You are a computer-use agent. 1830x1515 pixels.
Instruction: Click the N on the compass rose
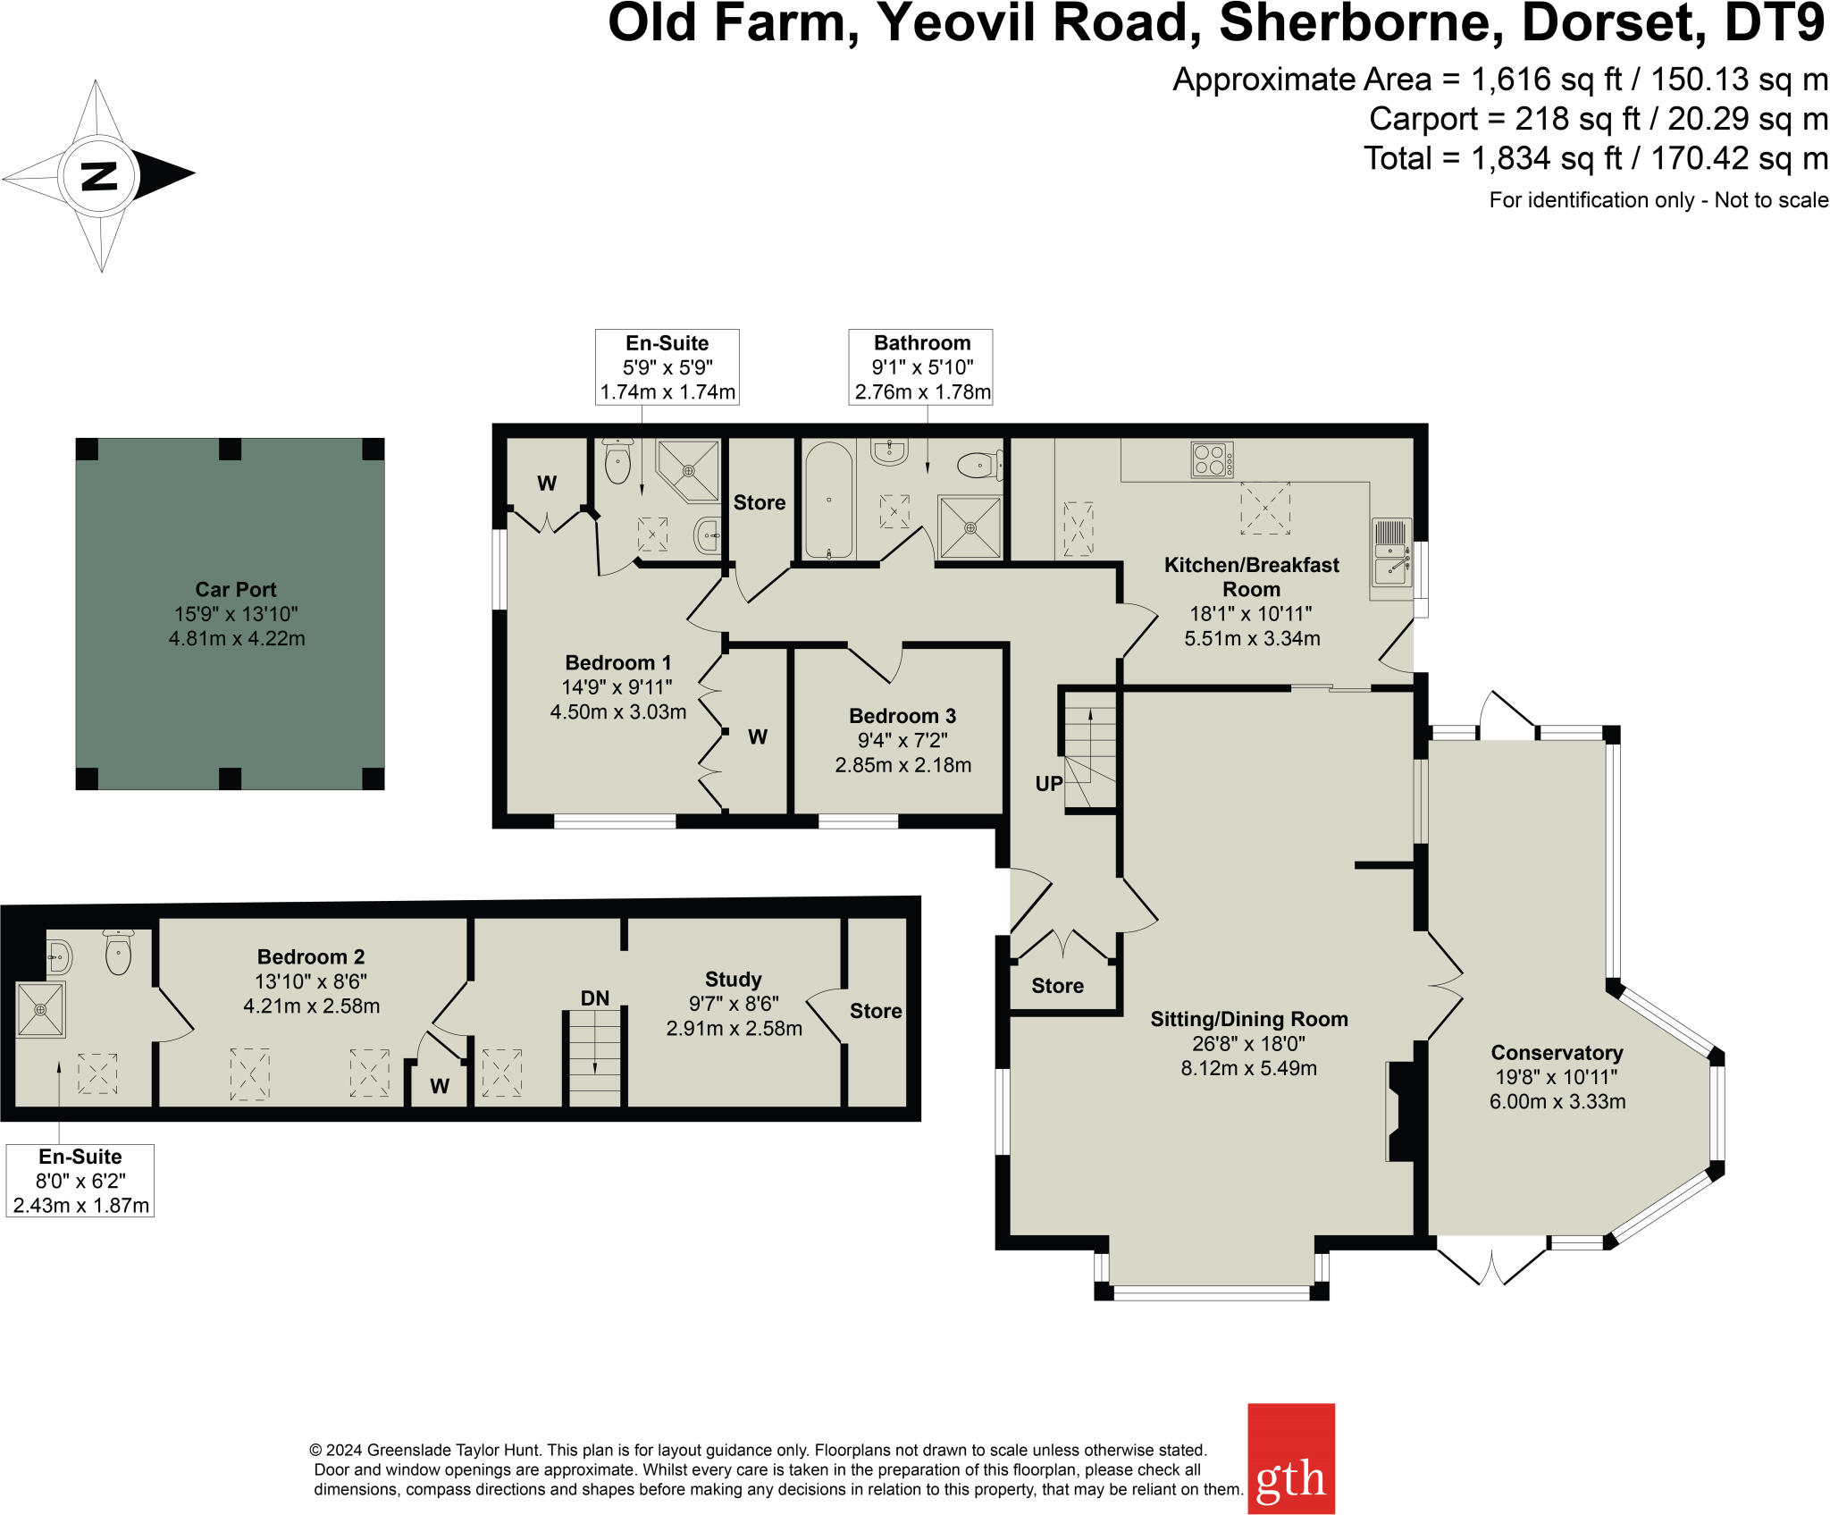(x=98, y=175)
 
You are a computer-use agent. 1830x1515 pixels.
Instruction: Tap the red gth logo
(x=1290, y=1459)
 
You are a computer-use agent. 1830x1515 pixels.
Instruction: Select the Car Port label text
(x=236, y=590)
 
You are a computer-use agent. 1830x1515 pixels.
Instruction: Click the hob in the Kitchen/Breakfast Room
(x=1212, y=459)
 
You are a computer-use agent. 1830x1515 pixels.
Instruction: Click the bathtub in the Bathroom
(x=828, y=501)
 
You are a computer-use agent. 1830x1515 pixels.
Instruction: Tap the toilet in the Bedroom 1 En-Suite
(x=617, y=461)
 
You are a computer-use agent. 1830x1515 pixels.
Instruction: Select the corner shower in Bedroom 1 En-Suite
(x=691, y=468)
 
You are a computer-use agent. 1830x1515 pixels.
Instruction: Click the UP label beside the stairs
(x=1048, y=784)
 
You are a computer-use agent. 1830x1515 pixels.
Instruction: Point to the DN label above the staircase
(x=595, y=998)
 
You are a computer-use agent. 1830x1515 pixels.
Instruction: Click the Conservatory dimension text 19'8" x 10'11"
(x=1557, y=1077)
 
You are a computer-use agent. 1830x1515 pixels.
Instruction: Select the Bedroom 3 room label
(x=902, y=716)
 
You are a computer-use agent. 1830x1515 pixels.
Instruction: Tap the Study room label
(x=733, y=980)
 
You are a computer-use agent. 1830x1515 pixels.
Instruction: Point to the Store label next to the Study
(x=876, y=1011)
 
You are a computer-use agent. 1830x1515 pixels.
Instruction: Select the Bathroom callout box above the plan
(x=921, y=367)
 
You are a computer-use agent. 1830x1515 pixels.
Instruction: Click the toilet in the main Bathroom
(x=979, y=465)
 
